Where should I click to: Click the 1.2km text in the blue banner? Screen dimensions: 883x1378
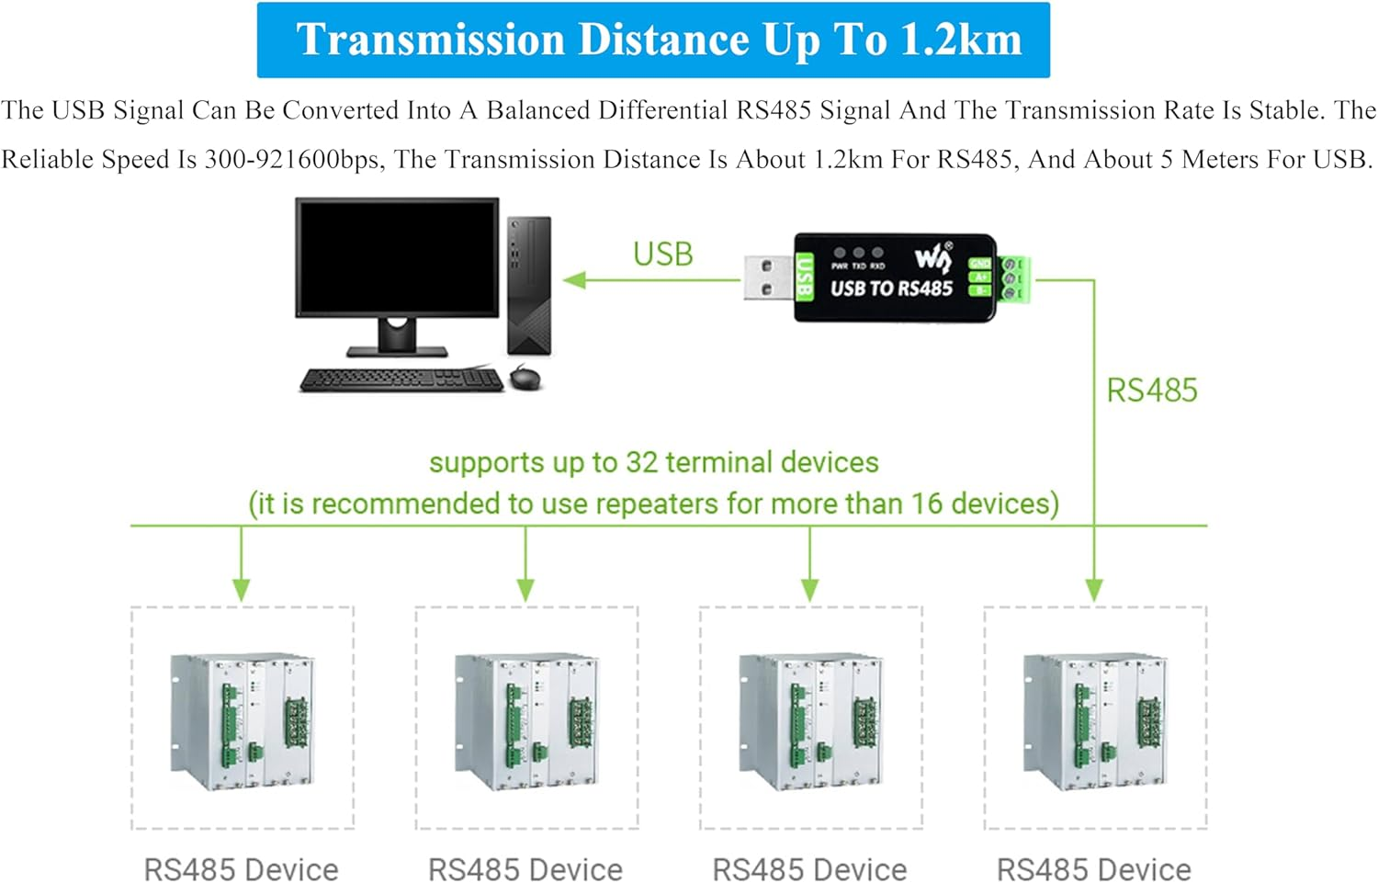pos(961,40)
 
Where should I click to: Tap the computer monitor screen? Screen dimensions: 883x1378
pos(397,258)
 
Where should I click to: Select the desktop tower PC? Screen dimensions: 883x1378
pos(529,285)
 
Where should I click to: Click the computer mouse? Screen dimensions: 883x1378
pos(525,376)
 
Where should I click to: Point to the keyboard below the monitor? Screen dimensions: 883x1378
pos(401,379)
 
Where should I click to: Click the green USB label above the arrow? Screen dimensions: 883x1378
pos(662,255)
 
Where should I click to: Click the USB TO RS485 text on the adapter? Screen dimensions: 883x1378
pos(891,289)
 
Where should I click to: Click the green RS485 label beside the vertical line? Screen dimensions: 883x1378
pos(1151,391)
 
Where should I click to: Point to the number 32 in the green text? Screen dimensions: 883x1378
pos(641,462)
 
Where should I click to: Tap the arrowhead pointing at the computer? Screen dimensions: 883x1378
pos(575,279)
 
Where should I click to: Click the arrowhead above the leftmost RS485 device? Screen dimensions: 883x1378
pos(242,590)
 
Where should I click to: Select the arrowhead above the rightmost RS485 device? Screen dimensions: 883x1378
pos(1094,590)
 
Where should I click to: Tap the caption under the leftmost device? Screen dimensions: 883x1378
pos(242,868)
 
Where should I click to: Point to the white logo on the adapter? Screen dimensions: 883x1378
pos(932,258)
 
